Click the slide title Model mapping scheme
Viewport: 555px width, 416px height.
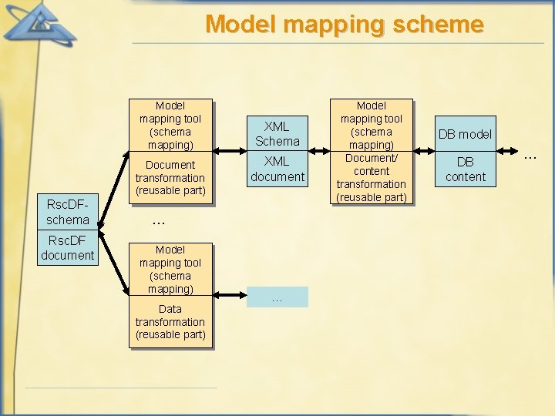pyautogui.click(x=344, y=24)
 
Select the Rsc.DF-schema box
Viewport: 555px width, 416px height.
pyautogui.click(x=68, y=212)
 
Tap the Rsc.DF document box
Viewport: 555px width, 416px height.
pyautogui.click(x=68, y=247)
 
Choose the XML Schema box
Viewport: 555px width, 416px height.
pyautogui.click(x=277, y=133)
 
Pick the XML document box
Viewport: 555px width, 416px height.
pyautogui.click(x=277, y=169)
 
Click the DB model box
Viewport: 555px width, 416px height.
pyautogui.click(x=465, y=134)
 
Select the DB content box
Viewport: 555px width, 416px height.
pyautogui.click(x=465, y=169)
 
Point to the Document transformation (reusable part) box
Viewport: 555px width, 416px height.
pyautogui.click(x=170, y=177)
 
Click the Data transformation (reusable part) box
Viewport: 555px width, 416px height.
pyautogui.click(x=170, y=321)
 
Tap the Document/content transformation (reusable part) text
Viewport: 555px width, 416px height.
pyautogui.click(x=372, y=178)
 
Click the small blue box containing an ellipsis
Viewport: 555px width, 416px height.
pyautogui.click(x=277, y=297)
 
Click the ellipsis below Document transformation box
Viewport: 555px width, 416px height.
pyautogui.click(x=158, y=222)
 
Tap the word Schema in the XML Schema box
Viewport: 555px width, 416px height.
pyautogui.click(x=277, y=141)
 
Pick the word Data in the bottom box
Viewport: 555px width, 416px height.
pyautogui.click(x=170, y=309)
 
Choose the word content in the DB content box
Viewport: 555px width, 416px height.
pyautogui.click(x=466, y=176)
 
